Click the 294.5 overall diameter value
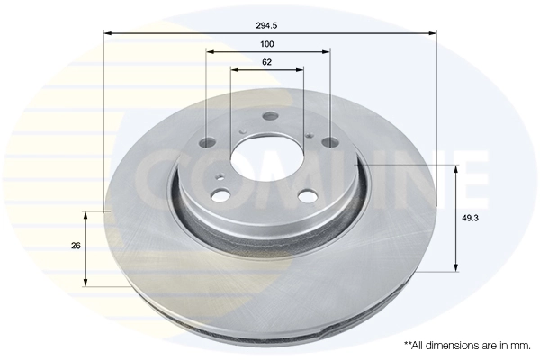[267, 26]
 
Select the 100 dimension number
[267, 44]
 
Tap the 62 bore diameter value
[267, 62]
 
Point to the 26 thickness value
[76, 246]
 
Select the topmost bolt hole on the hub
[268, 116]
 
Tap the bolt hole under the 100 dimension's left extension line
[206, 142]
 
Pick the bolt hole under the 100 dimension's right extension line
[328, 141]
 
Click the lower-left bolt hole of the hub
[218, 195]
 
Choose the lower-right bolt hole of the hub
[306, 197]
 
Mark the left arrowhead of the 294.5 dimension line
[107, 34]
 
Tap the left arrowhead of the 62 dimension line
[233, 70]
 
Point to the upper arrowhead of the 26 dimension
[85, 215]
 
